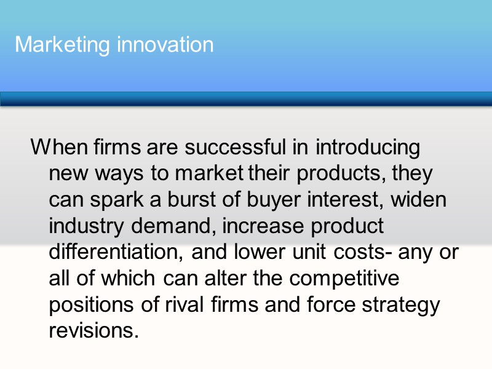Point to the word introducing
368,148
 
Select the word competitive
345,279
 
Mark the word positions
90,304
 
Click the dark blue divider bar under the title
246,99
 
